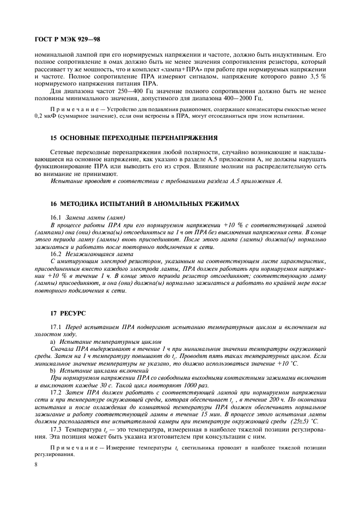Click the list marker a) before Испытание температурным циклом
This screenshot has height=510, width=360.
[x=52, y=341]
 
